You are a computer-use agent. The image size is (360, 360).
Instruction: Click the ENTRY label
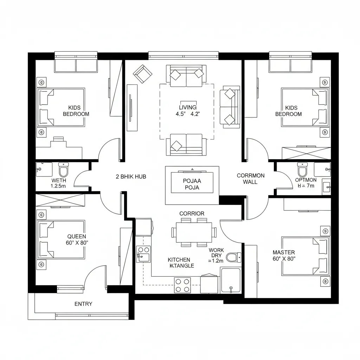pyautogui.click(x=83, y=304)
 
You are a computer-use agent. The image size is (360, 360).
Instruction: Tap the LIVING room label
pyautogui.click(x=188, y=107)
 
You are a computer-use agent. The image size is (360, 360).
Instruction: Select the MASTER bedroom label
pyautogui.click(x=284, y=252)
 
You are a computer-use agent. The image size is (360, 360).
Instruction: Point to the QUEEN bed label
pyautogui.click(x=77, y=237)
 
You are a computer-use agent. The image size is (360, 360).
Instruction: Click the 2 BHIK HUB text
pyautogui.click(x=131, y=176)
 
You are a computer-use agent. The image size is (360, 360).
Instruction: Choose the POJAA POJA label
pyautogui.click(x=192, y=184)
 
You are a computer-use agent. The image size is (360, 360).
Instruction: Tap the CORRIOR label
pyautogui.click(x=192, y=213)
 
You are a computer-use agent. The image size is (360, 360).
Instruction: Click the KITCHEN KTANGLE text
pyautogui.click(x=181, y=263)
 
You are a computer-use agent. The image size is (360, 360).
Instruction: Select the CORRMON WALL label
pyautogui.click(x=250, y=179)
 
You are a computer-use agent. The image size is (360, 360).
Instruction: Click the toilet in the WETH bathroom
pyautogui.click(x=64, y=169)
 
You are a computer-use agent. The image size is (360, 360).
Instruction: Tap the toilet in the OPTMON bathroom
pyautogui.click(x=302, y=169)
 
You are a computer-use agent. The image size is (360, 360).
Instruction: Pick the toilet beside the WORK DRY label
pyautogui.click(x=234, y=257)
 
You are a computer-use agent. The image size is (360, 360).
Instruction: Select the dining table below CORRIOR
pyautogui.click(x=194, y=232)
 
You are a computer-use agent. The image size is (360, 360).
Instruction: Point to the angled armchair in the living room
pyautogui.click(x=143, y=74)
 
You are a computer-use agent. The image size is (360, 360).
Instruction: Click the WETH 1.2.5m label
pyautogui.click(x=59, y=183)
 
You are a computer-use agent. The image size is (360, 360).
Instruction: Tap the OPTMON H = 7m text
pyautogui.click(x=306, y=183)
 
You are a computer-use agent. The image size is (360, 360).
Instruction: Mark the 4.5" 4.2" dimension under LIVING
pyautogui.click(x=188, y=114)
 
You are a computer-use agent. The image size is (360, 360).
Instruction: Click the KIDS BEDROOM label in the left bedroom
pyautogui.click(x=76, y=111)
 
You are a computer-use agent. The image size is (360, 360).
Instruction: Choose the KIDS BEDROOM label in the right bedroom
pyautogui.click(x=289, y=111)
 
